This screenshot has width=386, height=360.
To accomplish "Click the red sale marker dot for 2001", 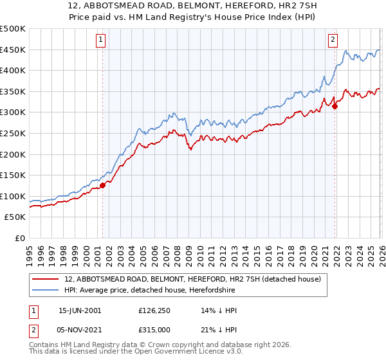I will click(x=102, y=185).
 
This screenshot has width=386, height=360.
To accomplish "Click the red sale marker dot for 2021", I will click(x=335, y=106).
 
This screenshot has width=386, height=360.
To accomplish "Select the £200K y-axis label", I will click(x=13, y=154).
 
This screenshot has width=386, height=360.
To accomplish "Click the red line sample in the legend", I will click(x=46, y=280).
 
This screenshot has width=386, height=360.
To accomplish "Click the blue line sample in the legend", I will click(x=46, y=291).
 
